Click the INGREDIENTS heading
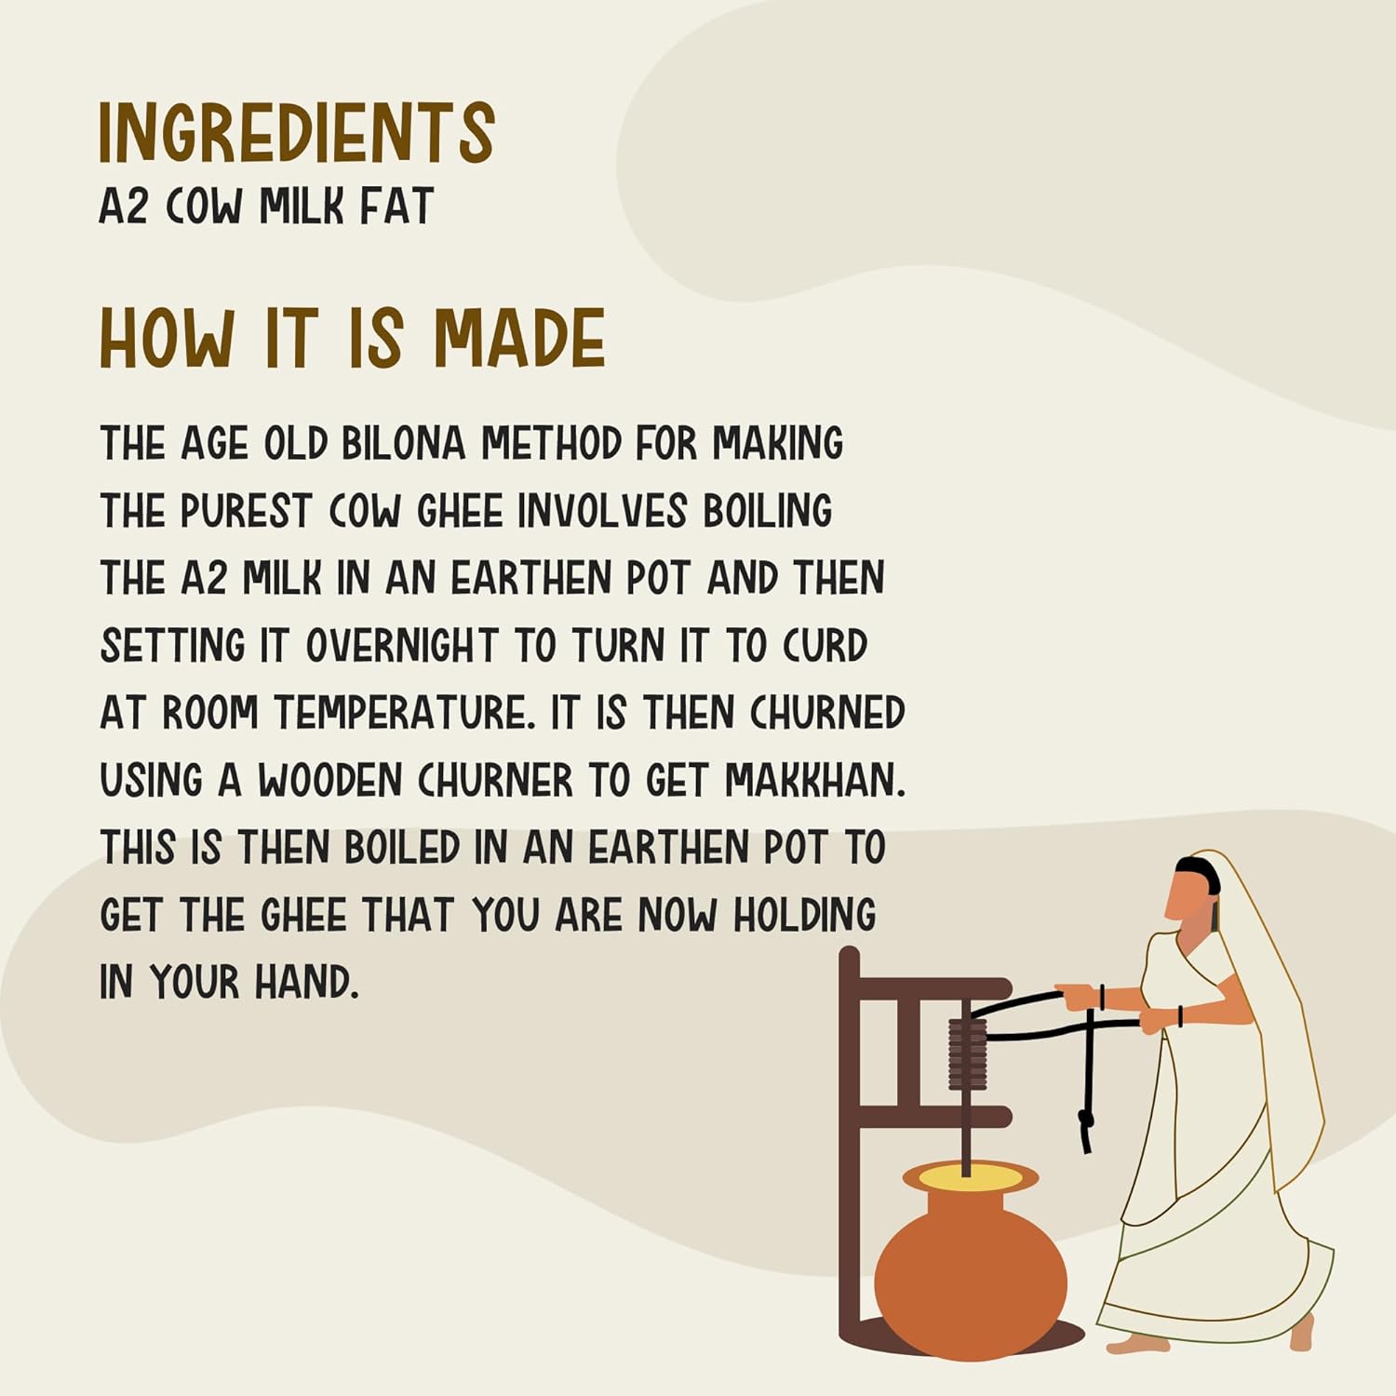pos(296,133)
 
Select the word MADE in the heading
pos(519,338)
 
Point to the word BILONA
pos(403,443)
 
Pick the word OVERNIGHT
pos(402,646)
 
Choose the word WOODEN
pos(329,780)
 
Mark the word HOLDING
pos(804,915)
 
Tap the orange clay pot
pos(970,1270)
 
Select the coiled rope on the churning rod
pos(967,1054)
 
